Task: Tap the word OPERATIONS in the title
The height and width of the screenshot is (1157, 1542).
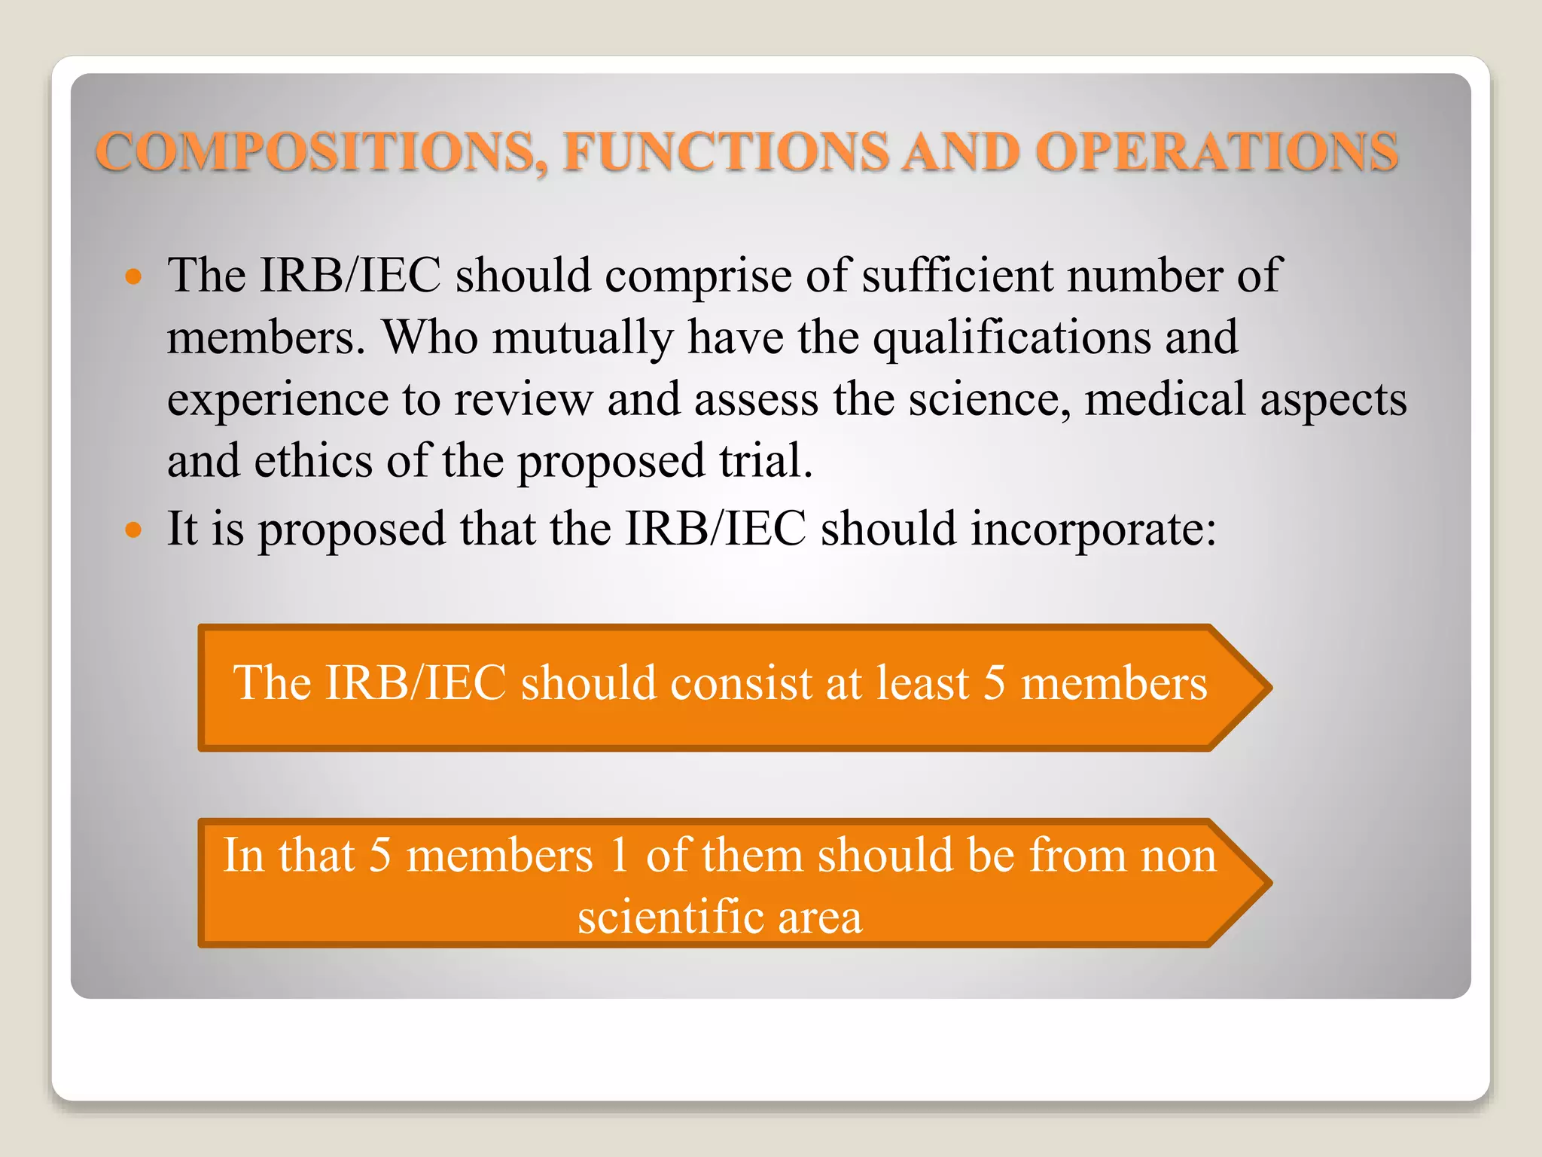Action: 1217,151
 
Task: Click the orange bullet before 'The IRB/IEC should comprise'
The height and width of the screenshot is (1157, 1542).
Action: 133,276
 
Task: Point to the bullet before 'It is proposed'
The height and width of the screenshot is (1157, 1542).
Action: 133,530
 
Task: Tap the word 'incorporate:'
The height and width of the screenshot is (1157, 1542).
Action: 1093,530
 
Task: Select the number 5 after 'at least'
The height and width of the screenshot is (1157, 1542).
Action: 995,683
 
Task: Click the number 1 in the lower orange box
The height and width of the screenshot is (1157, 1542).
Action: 620,856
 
